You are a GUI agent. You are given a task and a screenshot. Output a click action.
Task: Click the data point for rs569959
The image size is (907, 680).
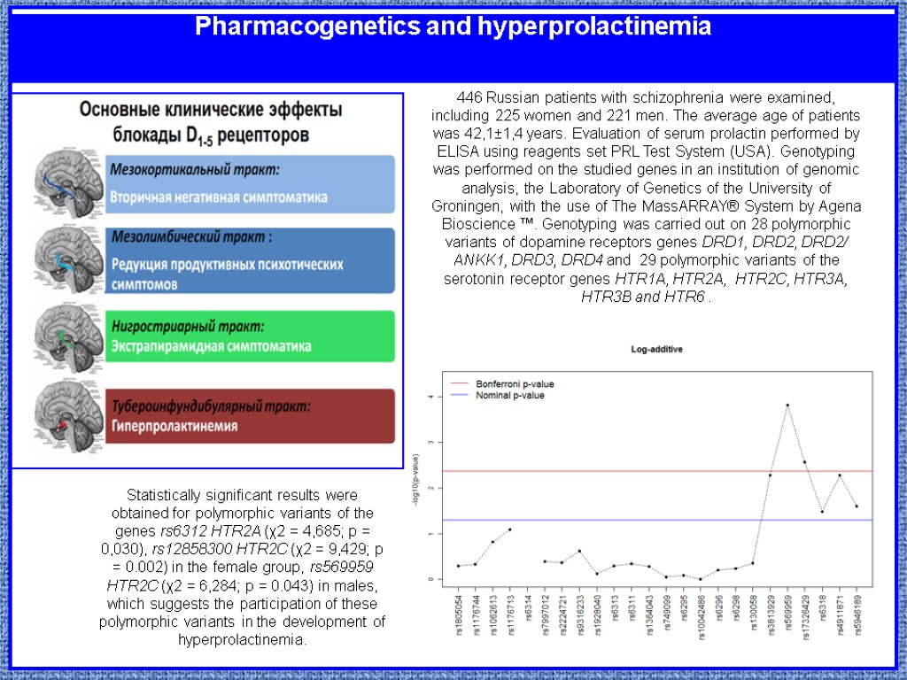pos(787,406)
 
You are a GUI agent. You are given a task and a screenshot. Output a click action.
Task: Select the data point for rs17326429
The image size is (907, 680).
pos(804,462)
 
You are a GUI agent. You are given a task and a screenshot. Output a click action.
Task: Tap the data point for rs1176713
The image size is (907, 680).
pos(510,529)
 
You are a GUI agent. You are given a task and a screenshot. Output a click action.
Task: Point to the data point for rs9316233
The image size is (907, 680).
pos(579,551)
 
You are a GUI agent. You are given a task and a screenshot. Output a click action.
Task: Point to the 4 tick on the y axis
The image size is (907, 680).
pos(430,397)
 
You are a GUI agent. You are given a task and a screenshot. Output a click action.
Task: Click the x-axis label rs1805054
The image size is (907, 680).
pos(459,610)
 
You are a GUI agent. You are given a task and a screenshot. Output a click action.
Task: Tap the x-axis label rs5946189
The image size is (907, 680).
pos(857,610)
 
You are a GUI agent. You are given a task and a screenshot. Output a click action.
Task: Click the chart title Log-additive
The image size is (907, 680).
pos(656,349)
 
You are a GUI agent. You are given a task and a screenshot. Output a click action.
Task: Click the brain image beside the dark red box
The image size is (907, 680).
pos(69,416)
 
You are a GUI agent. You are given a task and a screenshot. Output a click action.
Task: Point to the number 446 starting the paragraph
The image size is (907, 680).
pos(468,97)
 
